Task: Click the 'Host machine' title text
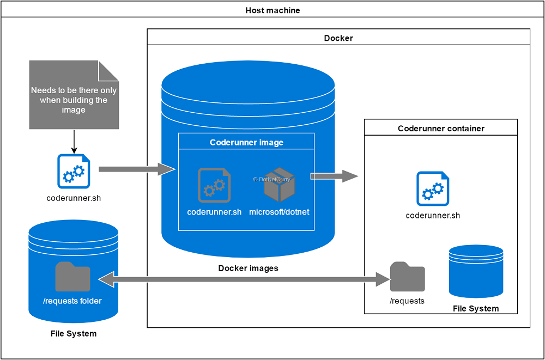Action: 272,10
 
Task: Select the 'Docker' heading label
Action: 338,38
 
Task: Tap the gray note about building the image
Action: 74,95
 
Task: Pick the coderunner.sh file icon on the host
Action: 74,171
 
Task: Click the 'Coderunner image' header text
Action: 246,143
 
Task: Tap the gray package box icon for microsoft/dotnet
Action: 279,185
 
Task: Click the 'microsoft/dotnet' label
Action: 279,212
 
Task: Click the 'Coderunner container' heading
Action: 441,129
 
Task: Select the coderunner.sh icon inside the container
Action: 433,188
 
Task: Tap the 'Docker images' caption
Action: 248,268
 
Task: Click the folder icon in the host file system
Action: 72,277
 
